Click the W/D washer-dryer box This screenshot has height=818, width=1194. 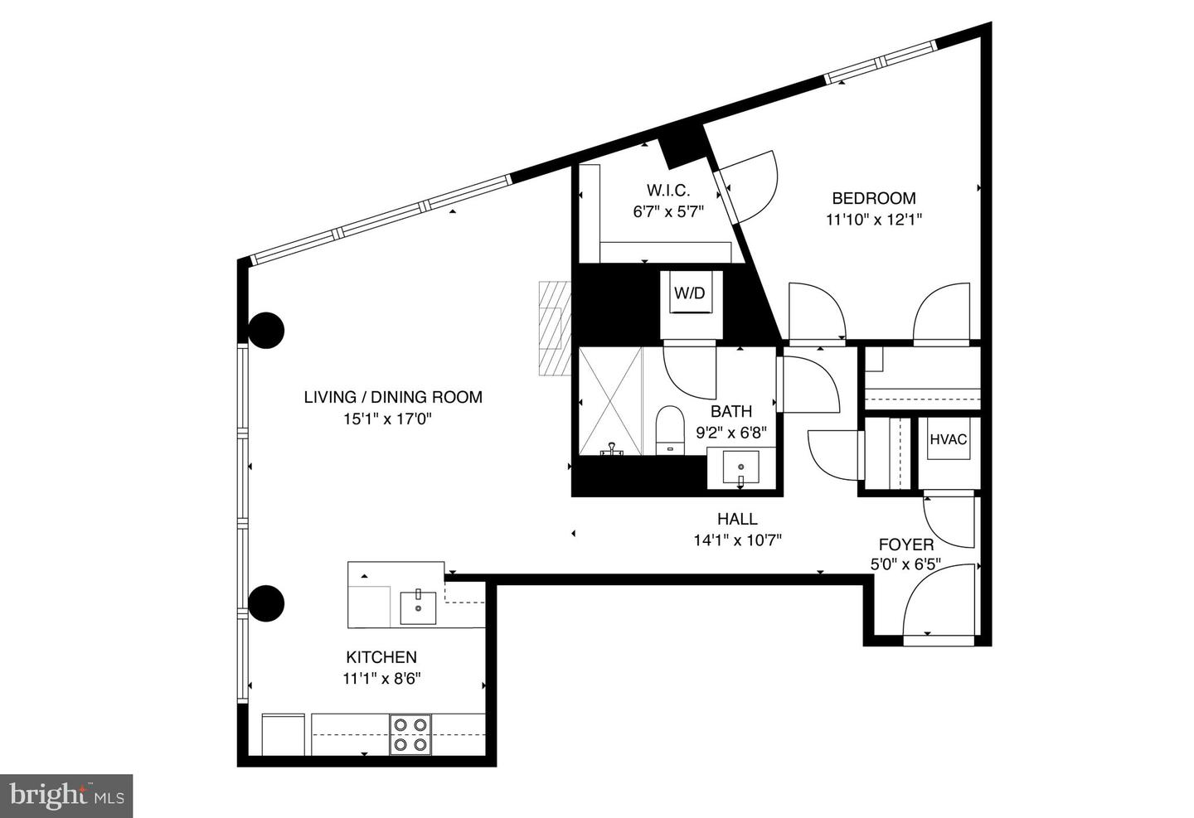689,293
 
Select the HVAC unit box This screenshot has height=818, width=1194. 948,440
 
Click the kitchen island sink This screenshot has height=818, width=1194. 419,607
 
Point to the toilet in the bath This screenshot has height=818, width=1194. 668,430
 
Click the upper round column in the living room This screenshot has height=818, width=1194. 267,331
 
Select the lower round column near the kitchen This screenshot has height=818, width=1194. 267,603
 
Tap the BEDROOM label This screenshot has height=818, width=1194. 873,198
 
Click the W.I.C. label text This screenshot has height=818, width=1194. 668,190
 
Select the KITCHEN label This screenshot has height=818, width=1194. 381,657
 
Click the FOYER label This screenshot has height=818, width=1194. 906,545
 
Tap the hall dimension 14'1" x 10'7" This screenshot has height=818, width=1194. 737,540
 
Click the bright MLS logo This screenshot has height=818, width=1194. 66,796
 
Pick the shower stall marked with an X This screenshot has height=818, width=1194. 610,401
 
